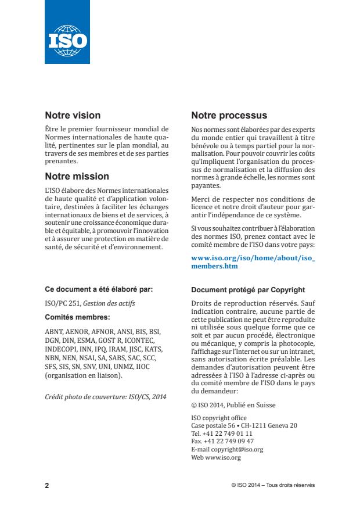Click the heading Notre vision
[x=73, y=115]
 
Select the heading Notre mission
[x=77, y=176]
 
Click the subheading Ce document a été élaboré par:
[x=99, y=289]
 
